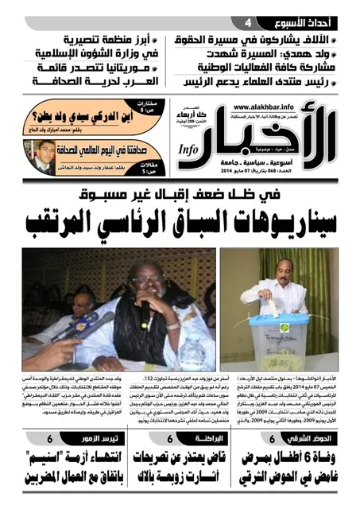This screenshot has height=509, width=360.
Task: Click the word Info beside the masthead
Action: [x=188, y=149]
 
